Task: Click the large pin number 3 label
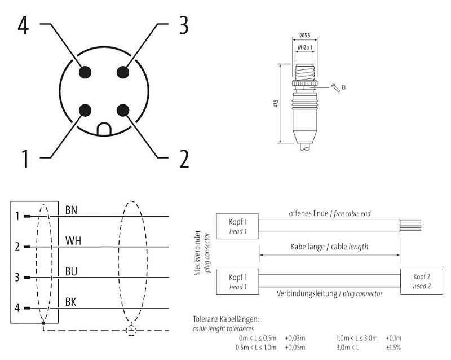183,25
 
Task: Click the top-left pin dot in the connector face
86,72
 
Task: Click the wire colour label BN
71,210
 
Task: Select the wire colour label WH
73,241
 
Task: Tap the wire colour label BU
71,271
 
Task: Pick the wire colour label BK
71,302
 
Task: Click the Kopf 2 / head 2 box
422,282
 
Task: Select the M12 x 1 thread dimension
305,49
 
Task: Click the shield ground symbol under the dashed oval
131,330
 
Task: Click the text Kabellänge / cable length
330,247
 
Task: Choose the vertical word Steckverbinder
197,252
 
